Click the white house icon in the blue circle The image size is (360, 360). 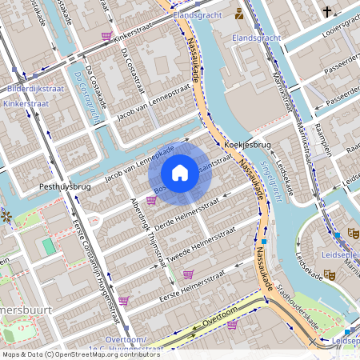(180, 172)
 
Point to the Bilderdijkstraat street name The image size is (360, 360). (34, 89)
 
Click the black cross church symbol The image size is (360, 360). (327, 11)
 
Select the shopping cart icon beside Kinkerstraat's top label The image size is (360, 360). (106, 36)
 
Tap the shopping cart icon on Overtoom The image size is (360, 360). (232, 325)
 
